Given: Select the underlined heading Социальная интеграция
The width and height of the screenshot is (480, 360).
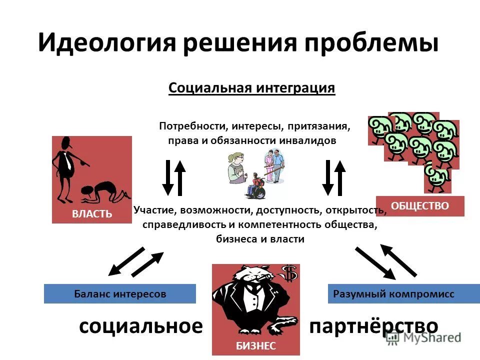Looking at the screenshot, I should (x=251, y=88).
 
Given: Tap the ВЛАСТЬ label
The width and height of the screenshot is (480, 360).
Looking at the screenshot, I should (x=92, y=214).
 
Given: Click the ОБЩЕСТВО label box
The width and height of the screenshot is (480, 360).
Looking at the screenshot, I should (x=420, y=205).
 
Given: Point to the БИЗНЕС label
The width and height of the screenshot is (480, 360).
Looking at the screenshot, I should (x=255, y=345).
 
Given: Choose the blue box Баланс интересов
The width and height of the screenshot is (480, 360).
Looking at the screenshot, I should (x=120, y=294).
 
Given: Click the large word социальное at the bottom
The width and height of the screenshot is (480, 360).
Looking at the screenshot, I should (x=141, y=326).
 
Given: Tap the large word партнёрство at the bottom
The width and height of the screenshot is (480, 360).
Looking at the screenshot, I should (x=374, y=326).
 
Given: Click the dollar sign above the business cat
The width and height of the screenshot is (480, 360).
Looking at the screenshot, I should (x=288, y=273).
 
